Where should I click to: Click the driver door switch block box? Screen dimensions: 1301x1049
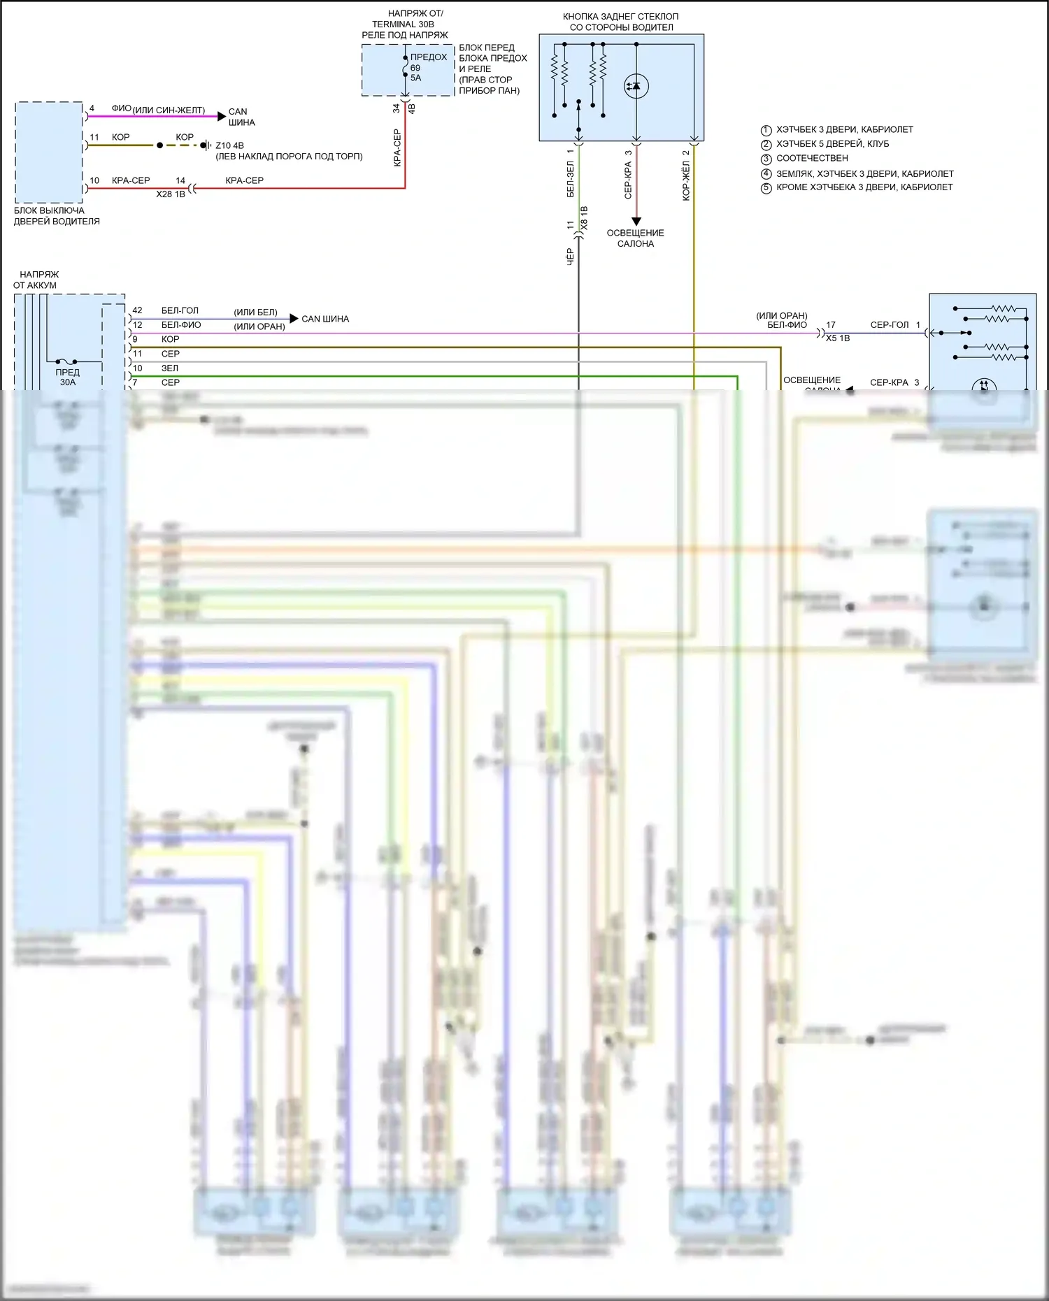pyautogui.click(x=49, y=152)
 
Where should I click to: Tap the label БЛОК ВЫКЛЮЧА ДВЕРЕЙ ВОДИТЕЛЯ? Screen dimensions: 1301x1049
pyautogui.click(x=57, y=216)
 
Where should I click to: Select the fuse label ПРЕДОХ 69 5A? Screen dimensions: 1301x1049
pyautogui.click(x=427, y=67)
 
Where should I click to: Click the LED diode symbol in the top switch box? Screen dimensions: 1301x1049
pyautogui.click(x=636, y=86)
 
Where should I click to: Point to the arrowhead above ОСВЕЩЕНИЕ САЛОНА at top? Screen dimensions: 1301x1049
pyautogui.click(x=636, y=221)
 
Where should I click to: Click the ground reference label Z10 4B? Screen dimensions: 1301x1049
pyautogui.click(x=229, y=145)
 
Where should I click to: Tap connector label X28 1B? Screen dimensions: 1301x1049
pyautogui.click(x=171, y=194)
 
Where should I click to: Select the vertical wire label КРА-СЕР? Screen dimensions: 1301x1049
pyautogui.click(x=397, y=148)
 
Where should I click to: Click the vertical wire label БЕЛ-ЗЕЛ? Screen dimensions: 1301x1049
pyautogui.click(x=570, y=180)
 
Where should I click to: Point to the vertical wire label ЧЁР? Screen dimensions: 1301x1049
pyautogui.click(x=570, y=256)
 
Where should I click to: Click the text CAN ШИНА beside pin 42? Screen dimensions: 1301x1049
pyautogui.click(x=325, y=319)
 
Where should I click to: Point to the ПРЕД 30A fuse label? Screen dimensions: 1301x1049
pyautogui.click(x=68, y=378)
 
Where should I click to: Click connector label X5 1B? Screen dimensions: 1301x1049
pyautogui.click(x=838, y=338)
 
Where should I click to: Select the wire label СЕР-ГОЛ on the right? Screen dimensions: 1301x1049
pyautogui.click(x=889, y=325)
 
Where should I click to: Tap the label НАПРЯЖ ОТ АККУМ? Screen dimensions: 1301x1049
pyautogui.click(x=36, y=280)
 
